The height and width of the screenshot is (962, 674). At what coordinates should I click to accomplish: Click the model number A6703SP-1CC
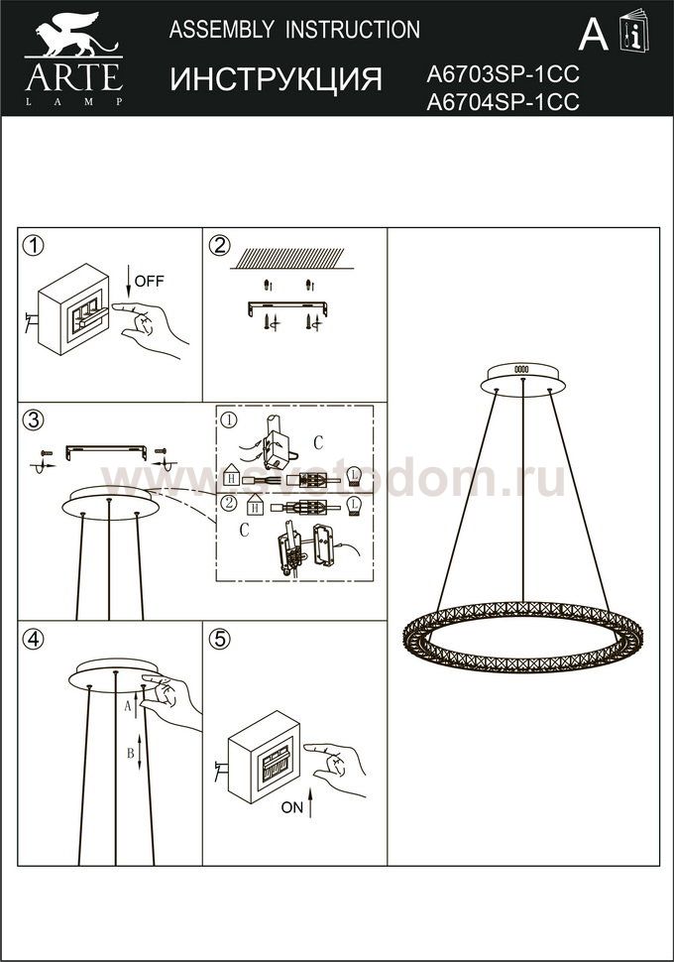[x=503, y=74]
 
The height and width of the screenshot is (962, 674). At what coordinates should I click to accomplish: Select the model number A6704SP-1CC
[x=503, y=102]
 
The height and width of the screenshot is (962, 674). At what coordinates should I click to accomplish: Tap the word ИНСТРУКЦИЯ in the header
[x=276, y=79]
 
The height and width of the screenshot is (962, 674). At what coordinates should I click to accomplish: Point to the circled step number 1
[x=33, y=246]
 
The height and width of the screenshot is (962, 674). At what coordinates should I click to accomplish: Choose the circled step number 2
[x=219, y=246]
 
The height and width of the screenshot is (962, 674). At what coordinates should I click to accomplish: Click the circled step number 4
[x=33, y=639]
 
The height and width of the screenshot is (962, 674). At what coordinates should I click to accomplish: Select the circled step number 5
[x=219, y=639]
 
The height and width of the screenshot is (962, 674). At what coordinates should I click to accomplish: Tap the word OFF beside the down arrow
[x=149, y=281]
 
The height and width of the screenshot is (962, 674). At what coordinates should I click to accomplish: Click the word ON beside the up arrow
[x=292, y=807]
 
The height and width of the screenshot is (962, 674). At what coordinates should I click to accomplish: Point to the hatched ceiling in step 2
[x=287, y=258]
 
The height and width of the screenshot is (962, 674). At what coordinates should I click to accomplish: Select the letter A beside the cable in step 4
[x=128, y=706]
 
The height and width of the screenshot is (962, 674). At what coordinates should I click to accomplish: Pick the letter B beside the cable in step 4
[x=130, y=753]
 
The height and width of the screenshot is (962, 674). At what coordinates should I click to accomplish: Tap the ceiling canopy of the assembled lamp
[x=522, y=381]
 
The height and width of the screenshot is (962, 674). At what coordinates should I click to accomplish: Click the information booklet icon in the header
[x=634, y=31]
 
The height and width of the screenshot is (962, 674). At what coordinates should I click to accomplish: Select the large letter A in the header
[x=593, y=35]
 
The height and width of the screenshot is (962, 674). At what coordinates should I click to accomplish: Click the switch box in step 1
[x=73, y=309]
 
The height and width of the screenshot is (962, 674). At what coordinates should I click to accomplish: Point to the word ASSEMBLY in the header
[x=221, y=30]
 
